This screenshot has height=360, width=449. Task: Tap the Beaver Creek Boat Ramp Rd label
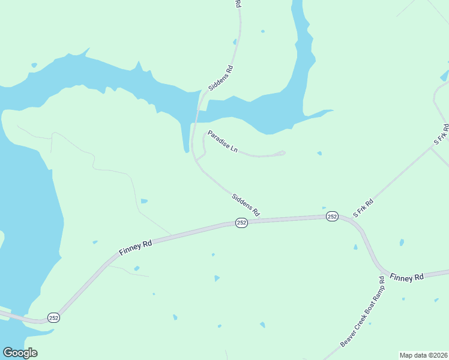(x=363, y=311)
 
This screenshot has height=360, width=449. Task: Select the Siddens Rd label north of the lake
(x=220, y=78)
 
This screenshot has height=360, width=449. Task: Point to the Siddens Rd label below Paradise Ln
(x=246, y=205)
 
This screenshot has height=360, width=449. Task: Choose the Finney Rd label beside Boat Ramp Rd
(x=406, y=277)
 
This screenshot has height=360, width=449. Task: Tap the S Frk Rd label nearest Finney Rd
(x=363, y=207)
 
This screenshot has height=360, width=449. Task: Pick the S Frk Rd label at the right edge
(x=441, y=134)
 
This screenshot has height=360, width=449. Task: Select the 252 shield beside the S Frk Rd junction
(x=332, y=217)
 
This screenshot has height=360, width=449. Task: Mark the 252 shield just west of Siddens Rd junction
(x=241, y=223)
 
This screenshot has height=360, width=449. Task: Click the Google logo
(x=20, y=353)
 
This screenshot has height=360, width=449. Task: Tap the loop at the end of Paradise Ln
(x=281, y=153)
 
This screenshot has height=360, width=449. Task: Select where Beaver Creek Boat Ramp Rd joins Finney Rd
(x=383, y=271)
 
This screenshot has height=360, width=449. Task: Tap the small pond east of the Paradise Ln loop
(x=319, y=154)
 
